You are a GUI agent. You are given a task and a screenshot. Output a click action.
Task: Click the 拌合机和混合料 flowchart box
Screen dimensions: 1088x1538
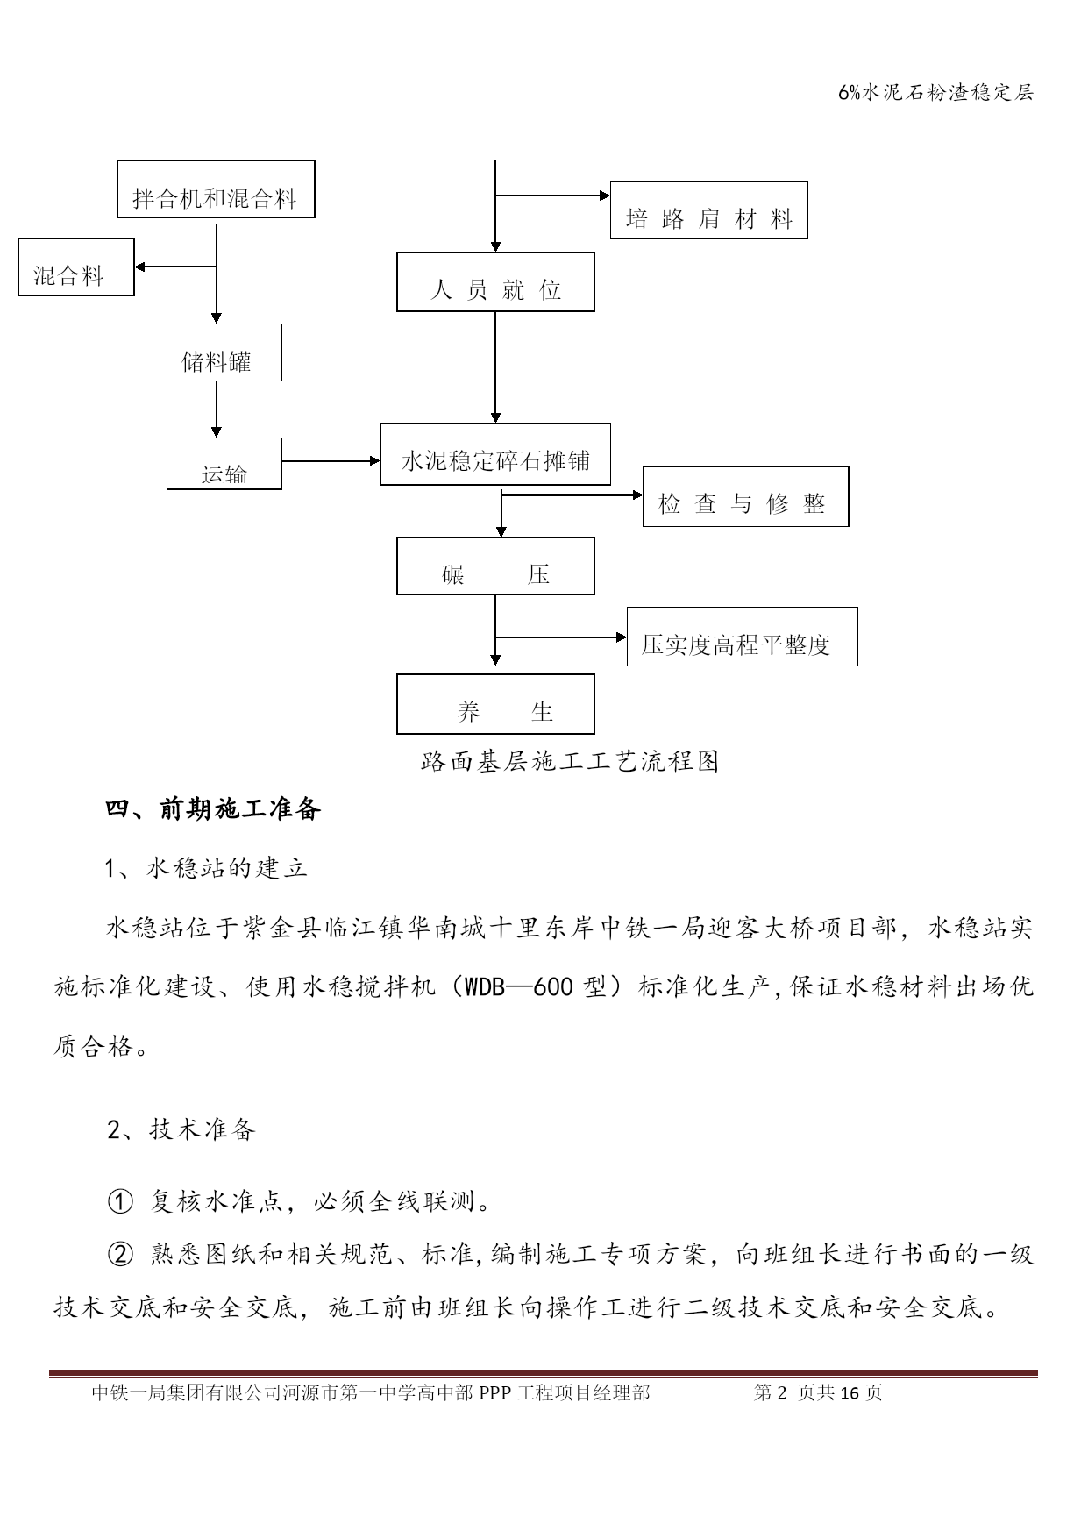click(x=216, y=189)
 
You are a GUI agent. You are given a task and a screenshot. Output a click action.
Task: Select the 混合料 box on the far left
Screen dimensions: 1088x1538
click(x=76, y=267)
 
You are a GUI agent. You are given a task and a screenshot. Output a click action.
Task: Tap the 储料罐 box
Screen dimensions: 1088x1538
click(x=224, y=352)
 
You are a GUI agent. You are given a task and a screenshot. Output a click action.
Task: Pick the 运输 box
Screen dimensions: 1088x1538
click(x=224, y=464)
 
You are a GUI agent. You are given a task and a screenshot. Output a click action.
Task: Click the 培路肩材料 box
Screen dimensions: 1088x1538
click(x=708, y=210)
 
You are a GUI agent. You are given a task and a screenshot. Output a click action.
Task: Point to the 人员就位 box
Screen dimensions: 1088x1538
click(x=495, y=282)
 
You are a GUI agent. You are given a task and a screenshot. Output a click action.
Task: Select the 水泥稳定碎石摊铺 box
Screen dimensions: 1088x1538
click(x=495, y=455)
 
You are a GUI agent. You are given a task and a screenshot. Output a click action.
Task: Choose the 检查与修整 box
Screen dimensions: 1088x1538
click(x=746, y=496)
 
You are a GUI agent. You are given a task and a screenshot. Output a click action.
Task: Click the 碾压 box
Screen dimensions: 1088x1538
click(x=495, y=566)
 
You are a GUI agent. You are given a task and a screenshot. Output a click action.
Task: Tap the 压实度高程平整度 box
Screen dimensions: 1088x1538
click(x=742, y=637)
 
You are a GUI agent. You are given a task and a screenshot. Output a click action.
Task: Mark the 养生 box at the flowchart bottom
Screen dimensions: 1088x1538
click(x=495, y=704)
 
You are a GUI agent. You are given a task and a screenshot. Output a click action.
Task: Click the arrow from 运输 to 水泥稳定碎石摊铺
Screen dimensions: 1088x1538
click(x=331, y=461)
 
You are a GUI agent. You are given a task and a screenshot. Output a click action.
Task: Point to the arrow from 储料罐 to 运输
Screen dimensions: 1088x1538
click(x=217, y=409)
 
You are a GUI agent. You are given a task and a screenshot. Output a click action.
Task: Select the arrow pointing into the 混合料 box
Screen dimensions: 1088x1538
click(x=175, y=267)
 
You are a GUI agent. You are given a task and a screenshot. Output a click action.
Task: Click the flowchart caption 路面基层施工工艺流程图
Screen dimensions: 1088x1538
click(x=570, y=761)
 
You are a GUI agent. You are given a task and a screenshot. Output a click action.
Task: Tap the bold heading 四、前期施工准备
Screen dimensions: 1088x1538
click(x=214, y=808)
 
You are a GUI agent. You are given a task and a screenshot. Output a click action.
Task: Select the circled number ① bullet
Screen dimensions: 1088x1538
click(x=119, y=1200)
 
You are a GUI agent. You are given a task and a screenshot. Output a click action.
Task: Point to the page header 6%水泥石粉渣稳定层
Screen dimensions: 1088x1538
click(x=936, y=93)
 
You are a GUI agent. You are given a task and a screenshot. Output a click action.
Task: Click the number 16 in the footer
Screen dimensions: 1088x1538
click(x=850, y=1393)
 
